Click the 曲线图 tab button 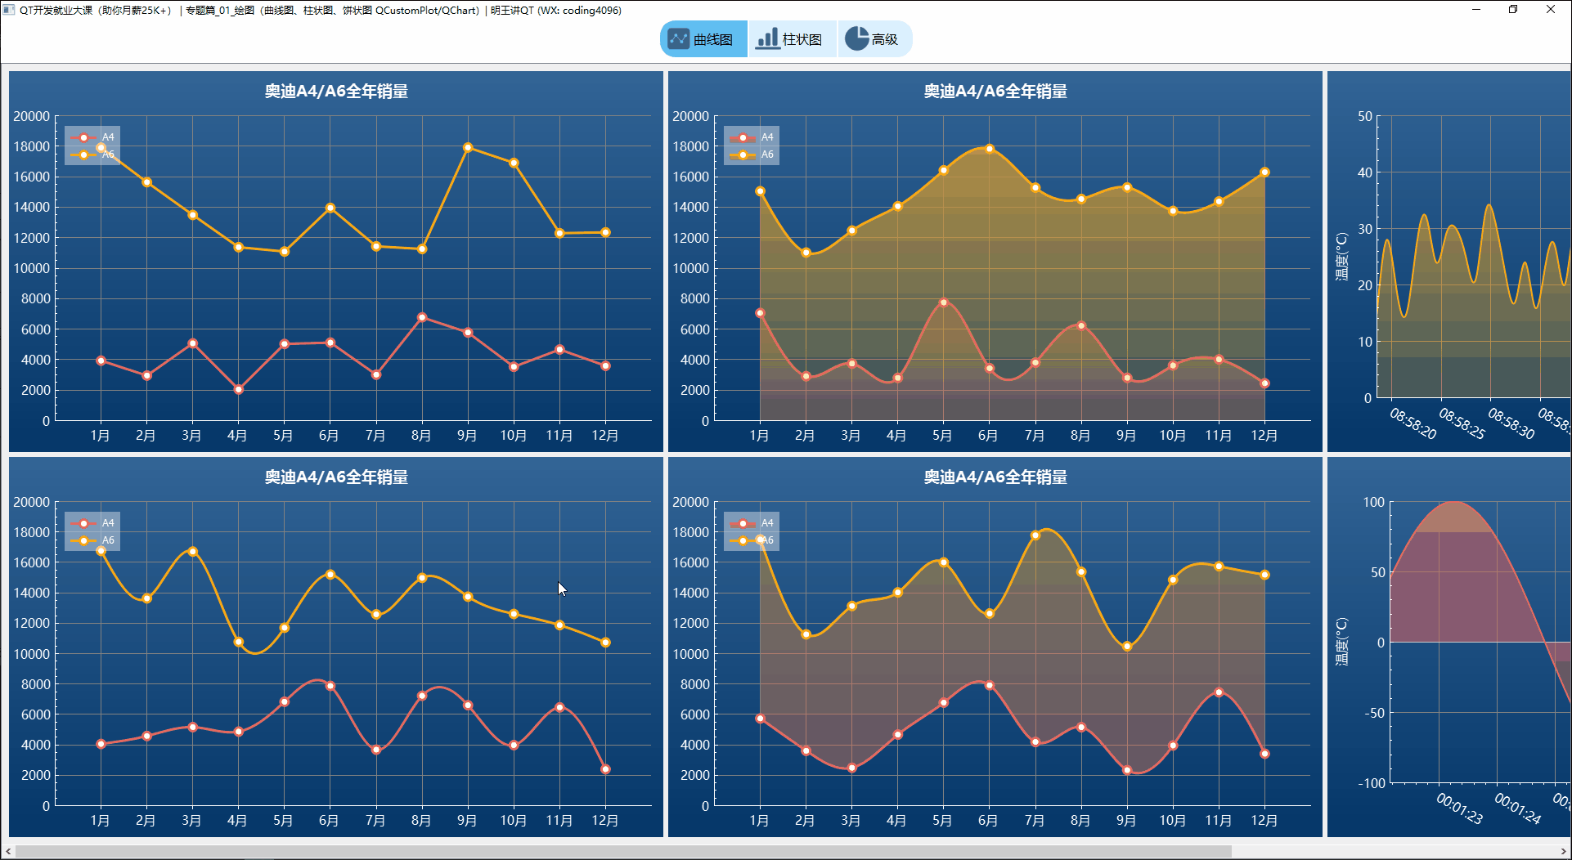pyautogui.click(x=703, y=39)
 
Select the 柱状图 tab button pyautogui.click(x=791, y=39)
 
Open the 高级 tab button pyautogui.click(x=874, y=39)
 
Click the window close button pyautogui.click(x=1550, y=10)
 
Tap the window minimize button pyautogui.click(x=1476, y=10)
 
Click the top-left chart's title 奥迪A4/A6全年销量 pyautogui.click(x=336, y=92)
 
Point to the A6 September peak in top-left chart pyautogui.click(x=468, y=148)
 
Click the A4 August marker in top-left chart pyautogui.click(x=422, y=317)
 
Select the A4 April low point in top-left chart pyautogui.click(x=238, y=390)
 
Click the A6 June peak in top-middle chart pyautogui.click(x=990, y=149)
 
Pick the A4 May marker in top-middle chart pyautogui.click(x=944, y=302)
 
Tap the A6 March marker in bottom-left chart pyautogui.click(x=193, y=551)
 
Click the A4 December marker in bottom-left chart pyautogui.click(x=605, y=769)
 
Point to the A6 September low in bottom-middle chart pyautogui.click(x=1127, y=647)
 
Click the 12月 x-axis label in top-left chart pyautogui.click(x=605, y=436)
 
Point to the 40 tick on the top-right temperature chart pyautogui.click(x=1364, y=172)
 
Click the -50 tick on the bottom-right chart pyautogui.click(x=1374, y=713)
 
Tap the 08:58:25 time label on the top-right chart pyautogui.click(x=1462, y=423)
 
